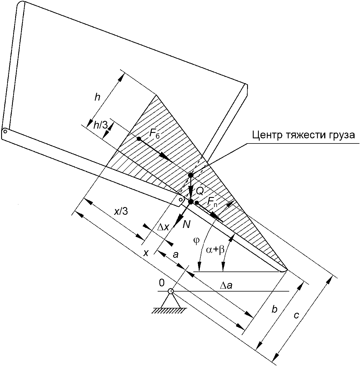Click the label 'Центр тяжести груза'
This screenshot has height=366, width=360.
(304, 135)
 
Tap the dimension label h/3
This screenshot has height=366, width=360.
(101, 125)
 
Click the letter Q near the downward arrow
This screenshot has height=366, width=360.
(200, 192)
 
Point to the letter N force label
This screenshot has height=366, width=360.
(186, 225)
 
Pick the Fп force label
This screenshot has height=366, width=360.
(212, 202)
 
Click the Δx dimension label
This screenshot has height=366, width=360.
(163, 227)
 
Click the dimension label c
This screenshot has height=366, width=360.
(296, 316)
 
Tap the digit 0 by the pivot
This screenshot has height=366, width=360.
(162, 283)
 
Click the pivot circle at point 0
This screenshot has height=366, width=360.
(170, 291)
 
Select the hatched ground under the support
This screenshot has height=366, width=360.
(169, 311)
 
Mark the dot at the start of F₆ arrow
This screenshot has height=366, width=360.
(139, 139)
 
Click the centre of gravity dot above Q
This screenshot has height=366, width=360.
(191, 175)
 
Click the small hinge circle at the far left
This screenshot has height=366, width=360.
(5, 131)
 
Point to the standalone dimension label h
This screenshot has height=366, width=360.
(97, 97)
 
